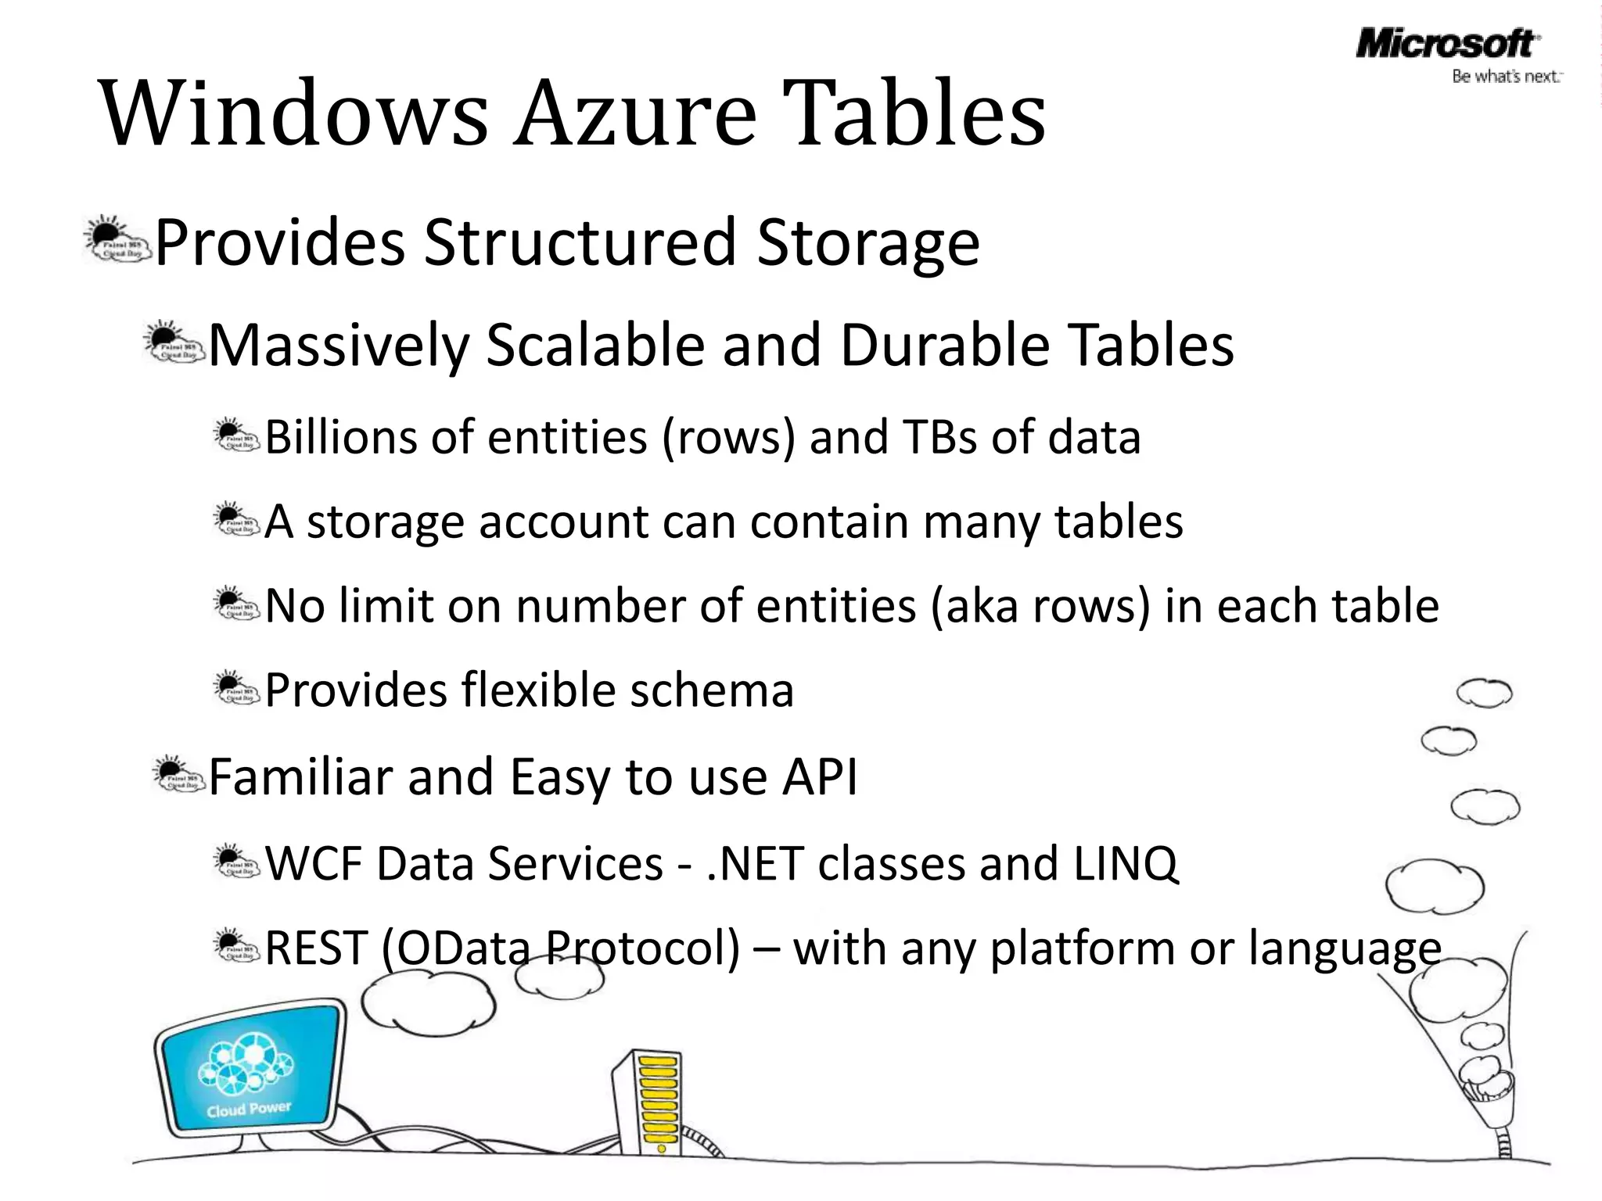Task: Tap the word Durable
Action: click(943, 345)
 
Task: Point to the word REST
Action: click(316, 948)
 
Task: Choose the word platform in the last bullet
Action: click(1083, 948)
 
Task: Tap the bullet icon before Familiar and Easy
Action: click(177, 773)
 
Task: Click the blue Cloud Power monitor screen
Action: click(250, 1070)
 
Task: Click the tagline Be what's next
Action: click(1506, 77)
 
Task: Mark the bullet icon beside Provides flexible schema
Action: click(236, 687)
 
